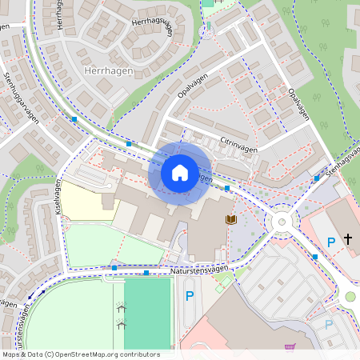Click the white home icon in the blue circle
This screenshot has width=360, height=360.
tap(179, 172)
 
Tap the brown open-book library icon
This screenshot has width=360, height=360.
tap(231, 219)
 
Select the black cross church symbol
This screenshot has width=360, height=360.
tap(348, 238)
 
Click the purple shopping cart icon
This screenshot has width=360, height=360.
tap(289, 347)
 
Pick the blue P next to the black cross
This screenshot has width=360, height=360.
tap(331, 242)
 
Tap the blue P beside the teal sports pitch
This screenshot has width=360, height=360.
tap(190, 296)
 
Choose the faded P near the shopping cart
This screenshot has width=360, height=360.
tap(329, 325)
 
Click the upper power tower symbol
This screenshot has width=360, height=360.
tap(122, 307)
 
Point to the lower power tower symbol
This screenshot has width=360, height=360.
tap(122, 324)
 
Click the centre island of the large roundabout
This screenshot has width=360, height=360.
tap(282, 222)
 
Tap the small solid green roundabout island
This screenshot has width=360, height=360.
tap(350, 297)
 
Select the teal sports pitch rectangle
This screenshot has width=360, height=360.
tap(148, 312)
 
